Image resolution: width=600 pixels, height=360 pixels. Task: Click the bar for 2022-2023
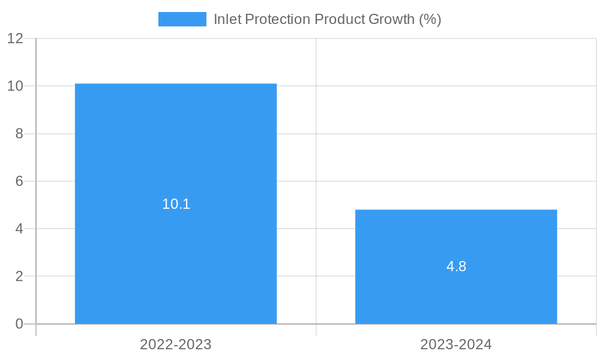click(176, 150)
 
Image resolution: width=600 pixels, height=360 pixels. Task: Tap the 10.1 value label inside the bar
click(176, 204)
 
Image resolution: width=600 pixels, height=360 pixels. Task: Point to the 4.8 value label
click(456, 267)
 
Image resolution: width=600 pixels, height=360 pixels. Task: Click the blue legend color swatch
click(182, 19)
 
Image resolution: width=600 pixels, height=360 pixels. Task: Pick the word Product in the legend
click(339, 19)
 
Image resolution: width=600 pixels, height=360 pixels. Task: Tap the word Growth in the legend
click(391, 19)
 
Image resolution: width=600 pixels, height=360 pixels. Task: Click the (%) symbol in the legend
click(430, 19)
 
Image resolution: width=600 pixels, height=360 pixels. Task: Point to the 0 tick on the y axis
click(19, 324)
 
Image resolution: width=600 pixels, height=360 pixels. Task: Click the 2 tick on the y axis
click(19, 277)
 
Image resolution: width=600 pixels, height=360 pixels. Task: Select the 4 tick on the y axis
click(19, 229)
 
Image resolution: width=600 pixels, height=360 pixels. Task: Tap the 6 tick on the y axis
click(19, 181)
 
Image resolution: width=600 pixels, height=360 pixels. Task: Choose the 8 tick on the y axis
click(19, 134)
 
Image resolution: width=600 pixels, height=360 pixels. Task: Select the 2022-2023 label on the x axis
click(176, 345)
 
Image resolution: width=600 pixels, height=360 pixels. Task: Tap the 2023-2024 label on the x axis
click(456, 345)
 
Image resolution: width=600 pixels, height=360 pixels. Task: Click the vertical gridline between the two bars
click(316, 150)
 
